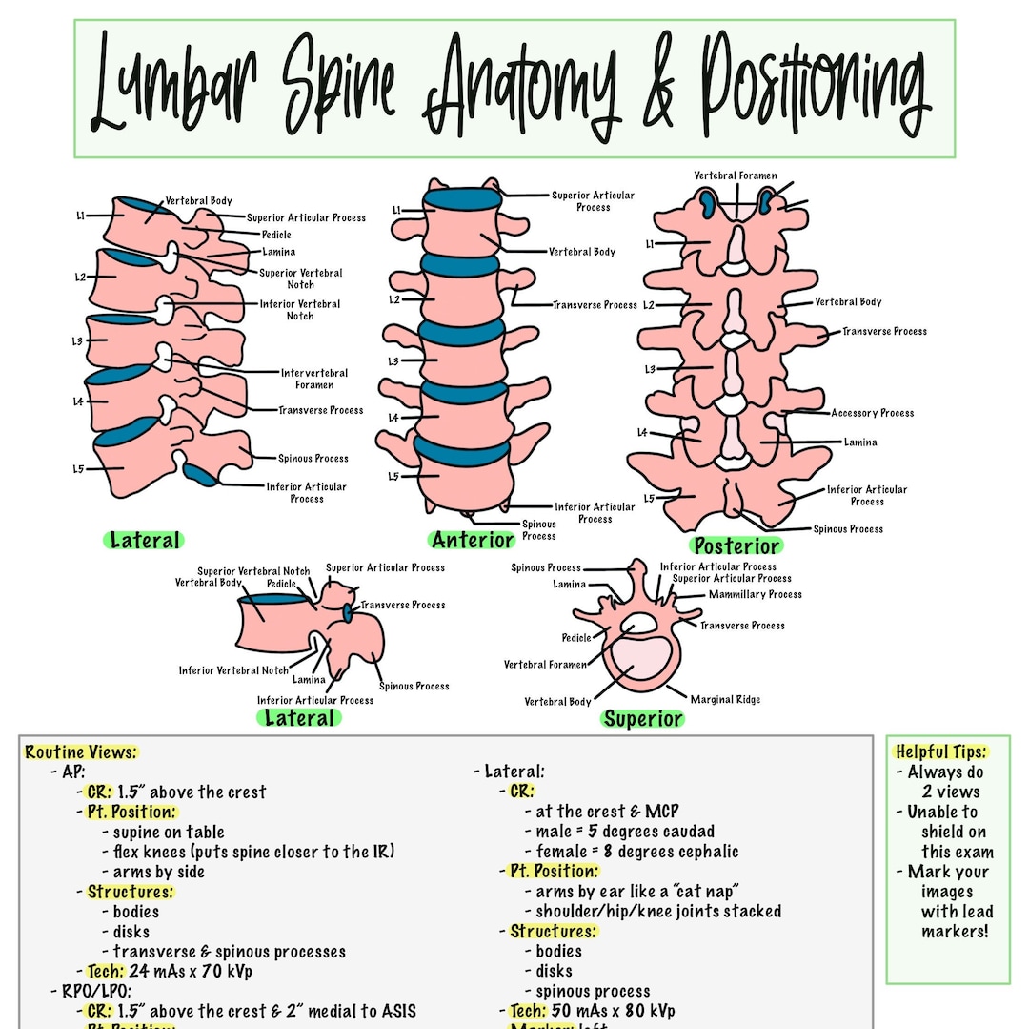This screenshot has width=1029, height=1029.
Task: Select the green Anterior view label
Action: [x=473, y=540]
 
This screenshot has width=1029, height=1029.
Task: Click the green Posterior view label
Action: [x=736, y=546]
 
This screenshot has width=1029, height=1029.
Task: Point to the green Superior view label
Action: [x=642, y=719]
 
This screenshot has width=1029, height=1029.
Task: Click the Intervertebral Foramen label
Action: [x=314, y=379]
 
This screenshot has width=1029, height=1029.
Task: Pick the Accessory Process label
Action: [x=872, y=413]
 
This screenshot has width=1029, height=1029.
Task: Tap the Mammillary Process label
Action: [x=755, y=594]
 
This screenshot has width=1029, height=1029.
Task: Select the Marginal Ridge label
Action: [x=725, y=699]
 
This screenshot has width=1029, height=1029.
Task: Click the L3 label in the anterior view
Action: [x=393, y=361]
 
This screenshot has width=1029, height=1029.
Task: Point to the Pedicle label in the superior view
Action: [x=575, y=638]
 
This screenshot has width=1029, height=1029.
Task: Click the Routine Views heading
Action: [x=81, y=752]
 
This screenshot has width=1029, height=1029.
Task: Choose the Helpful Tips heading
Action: [x=940, y=751]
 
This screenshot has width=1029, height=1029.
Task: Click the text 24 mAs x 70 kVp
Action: [x=190, y=972]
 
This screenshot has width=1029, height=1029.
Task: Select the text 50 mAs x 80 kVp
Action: [x=613, y=1011]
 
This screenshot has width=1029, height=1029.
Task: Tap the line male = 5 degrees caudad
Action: [x=624, y=832]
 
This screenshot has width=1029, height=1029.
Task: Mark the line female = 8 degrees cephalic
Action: [x=636, y=852]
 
